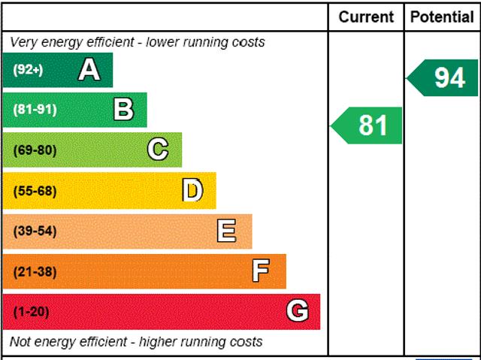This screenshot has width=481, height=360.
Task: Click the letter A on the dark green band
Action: pyautogui.click(x=89, y=70)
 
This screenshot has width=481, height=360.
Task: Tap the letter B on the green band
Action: pyautogui.click(x=123, y=110)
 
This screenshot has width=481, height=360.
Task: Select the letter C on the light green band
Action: pyautogui.click(x=158, y=150)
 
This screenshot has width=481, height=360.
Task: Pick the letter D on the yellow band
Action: pyautogui.click(x=193, y=191)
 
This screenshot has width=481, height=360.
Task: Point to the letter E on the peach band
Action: pyautogui.click(x=226, y=231)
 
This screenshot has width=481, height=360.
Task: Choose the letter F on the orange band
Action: pyautogui.click(x=261, y=271)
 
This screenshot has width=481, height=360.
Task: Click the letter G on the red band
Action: pyautogui.click(x=298, y=311)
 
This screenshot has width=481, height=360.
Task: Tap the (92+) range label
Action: pyautogui.click(x=28, y=70)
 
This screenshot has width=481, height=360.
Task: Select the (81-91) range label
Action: pyautogui.click(x=35, y=110)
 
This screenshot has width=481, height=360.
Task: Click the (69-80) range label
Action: pyautogui.click(x=35, y=150)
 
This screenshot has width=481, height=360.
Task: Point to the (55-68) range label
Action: pyautogui.click(x=35, y=191)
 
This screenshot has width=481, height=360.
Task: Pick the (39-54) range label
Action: pyautogui.click(x=35, y=231)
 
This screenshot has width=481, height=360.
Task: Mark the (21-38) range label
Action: pyautogui.click(x=35, y=272)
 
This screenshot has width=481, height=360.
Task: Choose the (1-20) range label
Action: pyautogui.click(x=31, y=312)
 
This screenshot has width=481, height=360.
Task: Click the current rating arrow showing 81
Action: pyautogui.click(x=368, y=126)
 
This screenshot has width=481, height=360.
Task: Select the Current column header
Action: pyautogui.click(x=366, y=17)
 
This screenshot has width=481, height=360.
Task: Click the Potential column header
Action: pyautogui.click(x=442, y=17)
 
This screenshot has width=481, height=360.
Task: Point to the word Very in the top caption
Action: pyautogui.click(x=23, y=42)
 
